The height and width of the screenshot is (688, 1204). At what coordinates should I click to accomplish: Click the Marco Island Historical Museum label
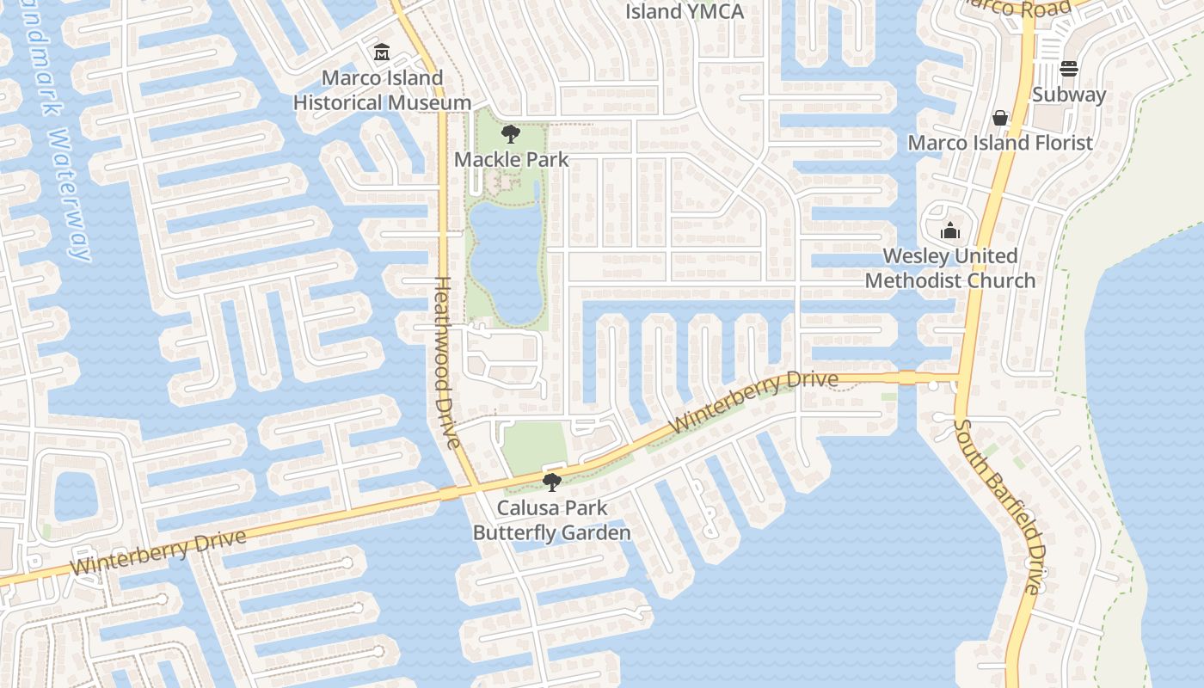(x=382, y=90)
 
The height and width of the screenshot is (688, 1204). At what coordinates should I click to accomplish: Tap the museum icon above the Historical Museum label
(x=382, y=53)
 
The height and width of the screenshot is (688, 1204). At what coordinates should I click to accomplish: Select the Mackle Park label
(x=511, y=159)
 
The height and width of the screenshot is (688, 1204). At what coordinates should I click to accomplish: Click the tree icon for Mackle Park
(x=510, y=134)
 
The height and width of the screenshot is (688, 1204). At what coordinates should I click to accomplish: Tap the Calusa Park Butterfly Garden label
(x=551, y=520)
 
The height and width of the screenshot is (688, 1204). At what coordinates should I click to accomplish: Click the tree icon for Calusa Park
(x=551, y=482)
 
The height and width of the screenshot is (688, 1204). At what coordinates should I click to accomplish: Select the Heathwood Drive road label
(x=445, y=361)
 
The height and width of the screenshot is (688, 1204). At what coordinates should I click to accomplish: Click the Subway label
(x=1068, y=95)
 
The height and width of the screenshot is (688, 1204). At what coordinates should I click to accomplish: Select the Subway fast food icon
(x=1069, y=68)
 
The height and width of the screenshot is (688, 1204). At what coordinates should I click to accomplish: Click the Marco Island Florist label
(x=1000, y=143)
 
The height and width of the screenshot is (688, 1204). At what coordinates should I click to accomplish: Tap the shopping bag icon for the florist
(x=1000, y=117)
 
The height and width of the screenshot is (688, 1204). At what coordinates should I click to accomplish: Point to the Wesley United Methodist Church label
(x=950, y=268)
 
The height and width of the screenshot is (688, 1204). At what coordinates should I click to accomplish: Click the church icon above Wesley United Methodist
(x=950, y=230)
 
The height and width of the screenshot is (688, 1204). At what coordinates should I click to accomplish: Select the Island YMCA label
(x=684, y=11)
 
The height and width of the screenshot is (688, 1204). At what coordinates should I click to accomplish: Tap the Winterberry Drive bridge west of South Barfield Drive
(x=907, y=377)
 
